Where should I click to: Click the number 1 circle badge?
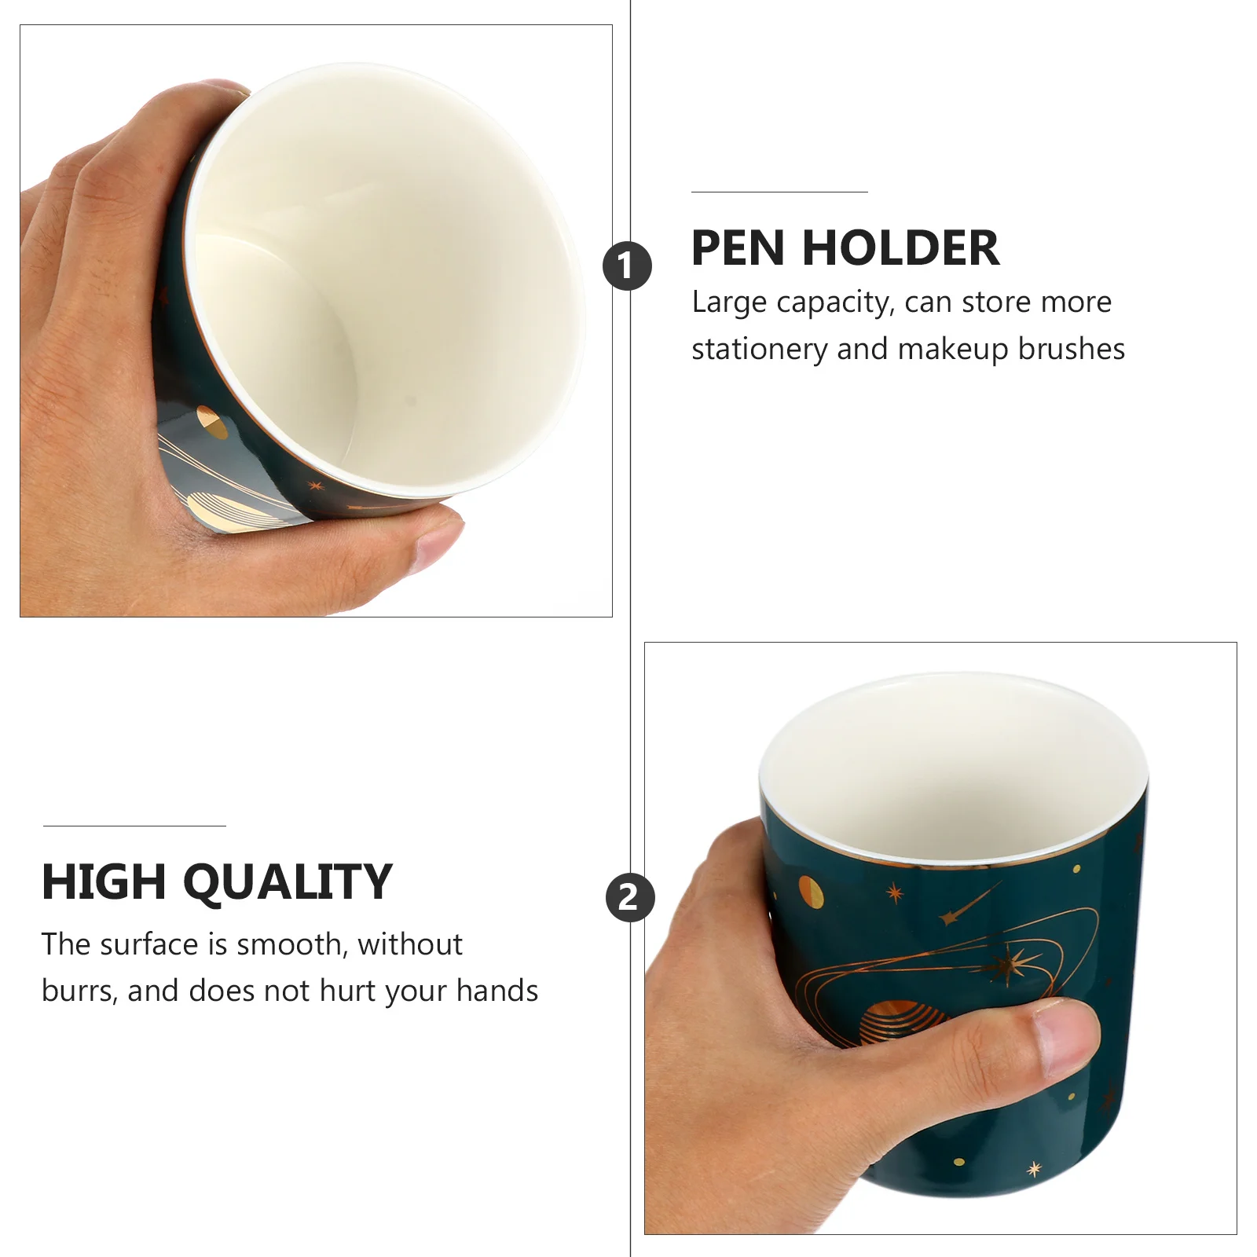point(627,266)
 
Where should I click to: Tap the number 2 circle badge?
point(629,897)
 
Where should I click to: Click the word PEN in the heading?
point(738,248)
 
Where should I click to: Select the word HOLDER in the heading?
point(900,248)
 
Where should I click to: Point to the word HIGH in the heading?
point(104,881)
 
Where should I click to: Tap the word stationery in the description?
point(759,350)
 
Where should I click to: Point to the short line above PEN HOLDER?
point(779,192)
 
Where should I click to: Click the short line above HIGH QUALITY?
point(134,826)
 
